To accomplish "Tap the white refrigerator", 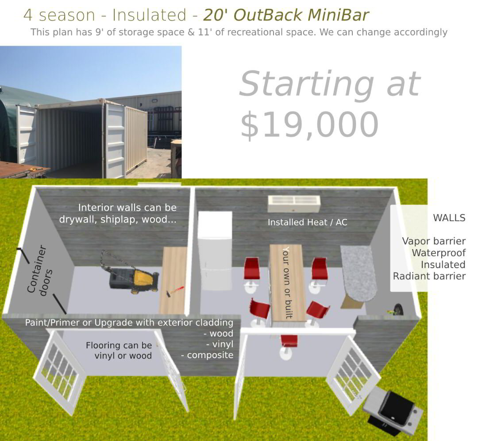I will [x=215, y=251].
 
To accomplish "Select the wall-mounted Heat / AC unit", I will [x=294, y=204].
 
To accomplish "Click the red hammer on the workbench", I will [x=174, y=290].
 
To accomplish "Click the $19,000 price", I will [x=309, y=125].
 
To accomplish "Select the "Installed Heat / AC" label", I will [x=307, y=222].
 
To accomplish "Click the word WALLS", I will [x=449, y=218].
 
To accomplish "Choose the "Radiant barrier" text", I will [x=429, y=276].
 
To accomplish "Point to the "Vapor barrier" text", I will [x=433, y=241].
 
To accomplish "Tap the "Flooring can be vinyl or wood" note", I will [x=119, y=350].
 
